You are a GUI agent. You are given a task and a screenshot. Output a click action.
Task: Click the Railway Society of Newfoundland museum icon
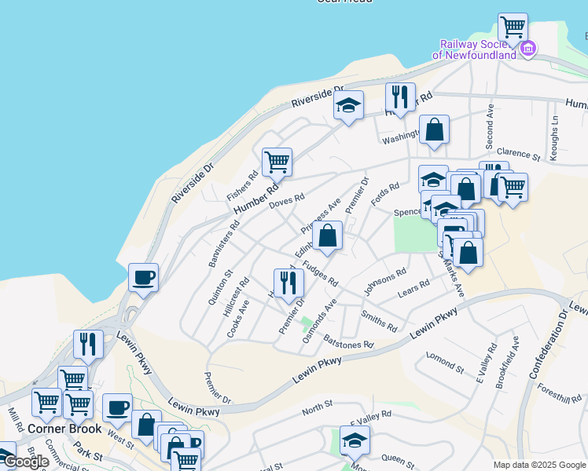528,49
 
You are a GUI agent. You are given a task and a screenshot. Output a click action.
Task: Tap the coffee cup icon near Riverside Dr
143,277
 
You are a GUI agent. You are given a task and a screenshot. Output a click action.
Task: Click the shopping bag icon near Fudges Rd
327,235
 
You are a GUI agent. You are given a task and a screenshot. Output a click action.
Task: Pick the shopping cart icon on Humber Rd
277,162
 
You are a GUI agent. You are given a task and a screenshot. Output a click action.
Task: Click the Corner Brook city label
64,429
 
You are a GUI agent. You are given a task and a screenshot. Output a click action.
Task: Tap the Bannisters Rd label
223,245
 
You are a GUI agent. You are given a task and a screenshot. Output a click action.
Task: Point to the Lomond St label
446,360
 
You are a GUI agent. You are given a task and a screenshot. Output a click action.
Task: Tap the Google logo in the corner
26,462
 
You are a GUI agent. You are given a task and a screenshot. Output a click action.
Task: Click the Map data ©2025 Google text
538,465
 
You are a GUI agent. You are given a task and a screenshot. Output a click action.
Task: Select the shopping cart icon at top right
513,27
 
